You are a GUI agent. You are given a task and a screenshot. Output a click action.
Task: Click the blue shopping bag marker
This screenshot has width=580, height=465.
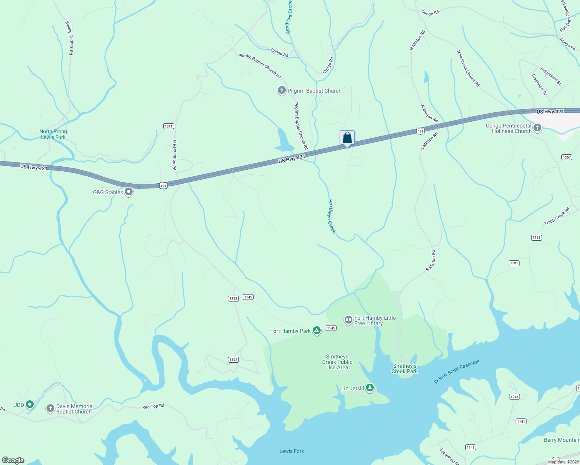click(x=347, y=138)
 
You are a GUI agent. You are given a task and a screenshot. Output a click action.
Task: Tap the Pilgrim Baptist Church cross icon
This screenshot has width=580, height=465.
click(x=281, y=91)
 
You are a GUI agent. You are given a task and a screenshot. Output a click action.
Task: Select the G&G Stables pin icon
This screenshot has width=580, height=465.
click(x=129, y=192)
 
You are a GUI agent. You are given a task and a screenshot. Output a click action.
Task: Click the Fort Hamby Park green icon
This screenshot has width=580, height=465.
click(x=317, y=331)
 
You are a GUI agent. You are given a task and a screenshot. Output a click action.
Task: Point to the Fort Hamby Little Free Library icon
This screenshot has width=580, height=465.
click(x=348, y=320)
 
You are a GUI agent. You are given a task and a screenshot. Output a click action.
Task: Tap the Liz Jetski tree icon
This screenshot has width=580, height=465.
click(x=370, y=387)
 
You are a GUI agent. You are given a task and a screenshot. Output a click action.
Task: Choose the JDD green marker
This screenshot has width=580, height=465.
click(x=29, y=405)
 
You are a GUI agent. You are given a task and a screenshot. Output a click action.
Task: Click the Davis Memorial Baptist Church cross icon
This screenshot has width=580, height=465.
click(x=50, y=408)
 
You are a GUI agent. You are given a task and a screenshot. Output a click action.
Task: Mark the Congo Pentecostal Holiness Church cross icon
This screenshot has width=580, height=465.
click(x=537, y=128)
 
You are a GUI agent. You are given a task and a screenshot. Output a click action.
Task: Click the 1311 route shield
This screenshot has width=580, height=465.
click(x=169, y=126)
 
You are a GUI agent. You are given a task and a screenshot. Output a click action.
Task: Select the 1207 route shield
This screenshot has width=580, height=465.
click(x=566, y=157)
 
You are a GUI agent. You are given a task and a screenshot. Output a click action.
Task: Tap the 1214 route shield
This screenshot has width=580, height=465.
click(x=514, y=397)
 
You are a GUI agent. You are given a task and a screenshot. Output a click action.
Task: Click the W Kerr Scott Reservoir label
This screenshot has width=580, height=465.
click(x=457, y=371)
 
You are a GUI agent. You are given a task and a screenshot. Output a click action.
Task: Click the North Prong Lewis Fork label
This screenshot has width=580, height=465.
click(x=53, y=134)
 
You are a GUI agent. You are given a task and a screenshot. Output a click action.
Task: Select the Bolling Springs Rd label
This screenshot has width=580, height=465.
click(x=69, y=38)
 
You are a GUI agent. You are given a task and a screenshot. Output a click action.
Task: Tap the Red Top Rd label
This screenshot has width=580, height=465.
click(x=153, y=406)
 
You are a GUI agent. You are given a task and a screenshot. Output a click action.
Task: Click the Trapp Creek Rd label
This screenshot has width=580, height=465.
click(x=557, y=216)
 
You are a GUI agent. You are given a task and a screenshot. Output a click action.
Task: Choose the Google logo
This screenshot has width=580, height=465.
click(x=13, y=460)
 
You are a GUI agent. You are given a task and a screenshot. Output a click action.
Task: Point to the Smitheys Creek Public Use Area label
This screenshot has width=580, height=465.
click(x=337, y=362)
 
